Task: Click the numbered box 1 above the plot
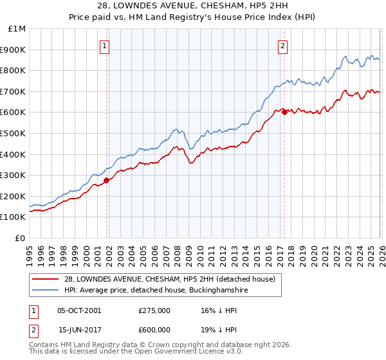tap(104, 45)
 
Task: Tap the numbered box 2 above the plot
tap(282, 45)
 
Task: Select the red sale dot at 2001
tap(107, 180)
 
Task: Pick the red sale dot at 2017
tap(284, 112)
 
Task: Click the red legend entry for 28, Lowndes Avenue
tap(169, 279)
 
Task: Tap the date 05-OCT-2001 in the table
tap(79, 310)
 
